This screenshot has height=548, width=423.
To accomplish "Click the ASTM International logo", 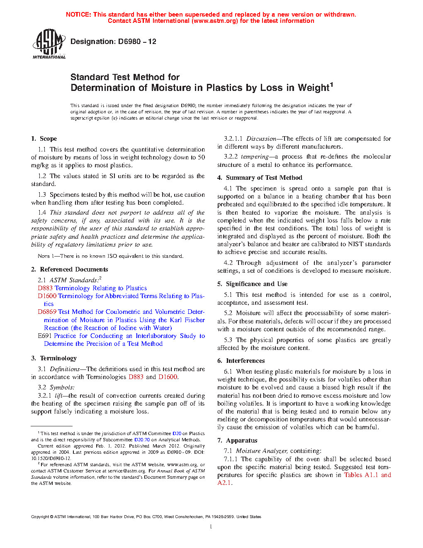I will pyautogui.click(x=49, y=44).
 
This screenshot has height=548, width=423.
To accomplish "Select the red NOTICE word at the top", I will pyautogui.click(x=78, y=15).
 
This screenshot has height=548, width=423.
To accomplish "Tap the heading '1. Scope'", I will pyautogui.click(x=44, y=139).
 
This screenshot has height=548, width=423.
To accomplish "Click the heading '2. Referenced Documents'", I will pyautogui.click(x=70, y=269).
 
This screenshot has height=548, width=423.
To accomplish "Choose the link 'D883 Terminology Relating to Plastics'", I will pyautogui.click(x=92, y=288).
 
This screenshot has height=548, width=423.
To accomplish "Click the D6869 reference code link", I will pyautogui.click(x=47, y=312).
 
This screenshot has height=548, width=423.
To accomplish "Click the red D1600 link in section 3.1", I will pyautogui.click(x=168, y=377).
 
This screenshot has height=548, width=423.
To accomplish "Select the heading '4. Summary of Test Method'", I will pyautogui.click(x=260, y=178).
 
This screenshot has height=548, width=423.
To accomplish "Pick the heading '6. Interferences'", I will pyautogui.click(x=241, y=361).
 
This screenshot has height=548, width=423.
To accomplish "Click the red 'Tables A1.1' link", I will pyautogui.click(x=361, y=475).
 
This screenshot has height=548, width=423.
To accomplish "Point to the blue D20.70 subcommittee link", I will pyautogui.click(x=142, y=440).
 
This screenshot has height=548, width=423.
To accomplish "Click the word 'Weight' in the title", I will pyautogui.click(x=313, y=88).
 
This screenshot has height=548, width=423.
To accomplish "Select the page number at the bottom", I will pyautogui.click(x=211, y=527).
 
